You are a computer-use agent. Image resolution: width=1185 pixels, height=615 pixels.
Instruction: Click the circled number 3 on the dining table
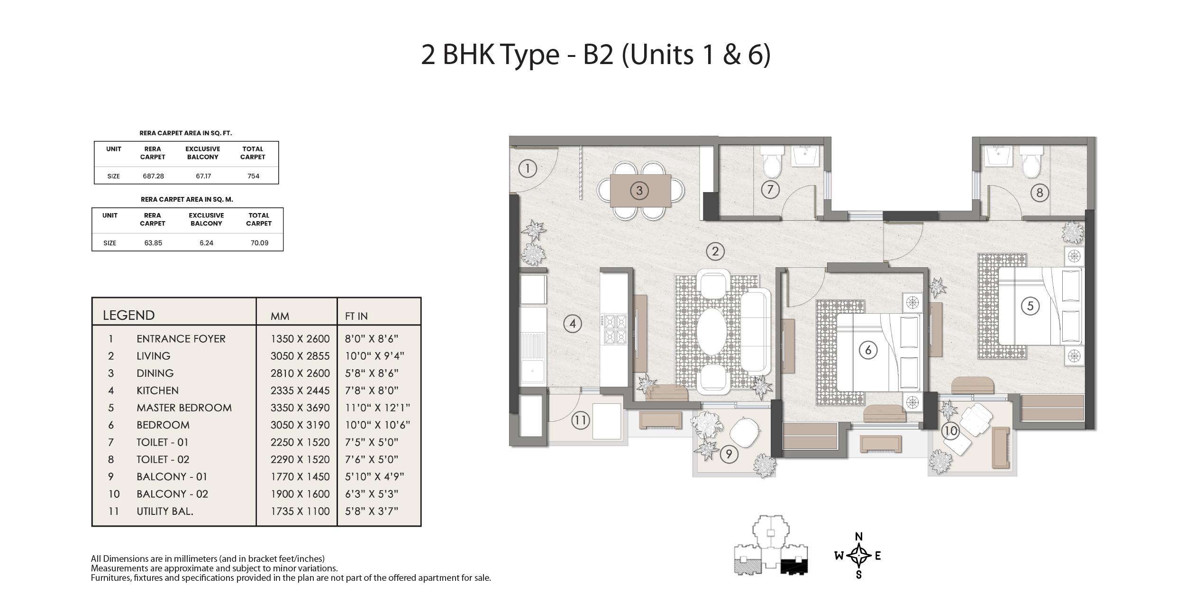(x=639, y=191)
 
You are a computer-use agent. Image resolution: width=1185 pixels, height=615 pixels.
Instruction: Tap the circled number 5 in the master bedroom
(x=1030, y=306)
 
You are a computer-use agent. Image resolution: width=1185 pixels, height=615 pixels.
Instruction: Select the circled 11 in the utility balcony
(x=580, y=420)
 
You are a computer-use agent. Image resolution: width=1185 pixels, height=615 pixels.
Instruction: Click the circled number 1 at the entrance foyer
(x=527, y=168)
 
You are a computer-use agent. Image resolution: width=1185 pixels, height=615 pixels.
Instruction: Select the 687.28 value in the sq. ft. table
(x=153, y=176)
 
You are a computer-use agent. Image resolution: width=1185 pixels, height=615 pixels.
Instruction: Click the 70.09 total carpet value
(x=259, y=243)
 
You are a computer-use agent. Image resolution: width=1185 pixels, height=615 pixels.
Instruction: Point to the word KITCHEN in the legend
(x=157, y=391)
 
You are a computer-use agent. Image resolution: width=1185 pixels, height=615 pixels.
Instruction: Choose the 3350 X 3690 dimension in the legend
(x=300, y=408)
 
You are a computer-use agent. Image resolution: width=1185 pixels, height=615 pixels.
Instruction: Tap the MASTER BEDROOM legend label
(x=184, y=408)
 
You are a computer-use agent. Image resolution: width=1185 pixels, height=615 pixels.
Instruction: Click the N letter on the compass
(x=858, y=537)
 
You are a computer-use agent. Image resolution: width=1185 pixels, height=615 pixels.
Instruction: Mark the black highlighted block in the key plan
(x=793, y=566)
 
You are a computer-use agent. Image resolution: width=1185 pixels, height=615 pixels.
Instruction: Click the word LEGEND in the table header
(x=128, y=316)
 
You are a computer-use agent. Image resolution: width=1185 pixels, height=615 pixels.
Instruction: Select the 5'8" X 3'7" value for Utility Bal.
(x=372, y=511)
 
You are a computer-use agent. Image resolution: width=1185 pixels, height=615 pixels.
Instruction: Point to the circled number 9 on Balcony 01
(x=729, y=455)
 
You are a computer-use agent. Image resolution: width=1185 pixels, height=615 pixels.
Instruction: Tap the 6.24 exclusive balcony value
(x=206, y=243)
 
